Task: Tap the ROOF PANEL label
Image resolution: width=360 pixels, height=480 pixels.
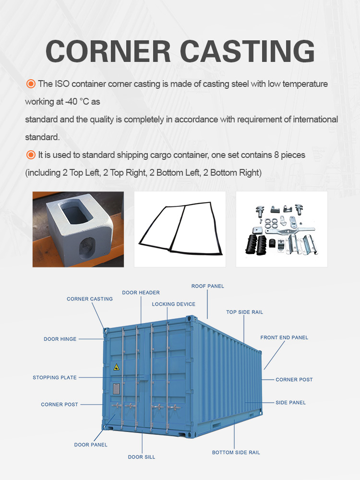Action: pos(207,286)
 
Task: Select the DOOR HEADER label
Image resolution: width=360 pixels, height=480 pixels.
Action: pos(141,293)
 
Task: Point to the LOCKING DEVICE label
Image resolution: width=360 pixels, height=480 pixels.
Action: pos(174,304)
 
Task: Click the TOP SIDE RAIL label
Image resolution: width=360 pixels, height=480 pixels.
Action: pos(244,312)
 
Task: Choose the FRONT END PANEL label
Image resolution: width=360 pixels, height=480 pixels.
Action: pos(284,338)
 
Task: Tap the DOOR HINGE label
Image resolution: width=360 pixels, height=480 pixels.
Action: pos(60,339)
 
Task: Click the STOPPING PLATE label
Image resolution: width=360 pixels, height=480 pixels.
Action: pos(55,378)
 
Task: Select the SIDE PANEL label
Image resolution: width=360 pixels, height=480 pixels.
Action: pos(290,403)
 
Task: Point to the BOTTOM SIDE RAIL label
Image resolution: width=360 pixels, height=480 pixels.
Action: pos(236,453)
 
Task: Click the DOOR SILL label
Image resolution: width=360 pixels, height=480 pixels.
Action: pos(142,457)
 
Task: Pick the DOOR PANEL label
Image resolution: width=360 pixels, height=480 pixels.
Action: pos(91,445)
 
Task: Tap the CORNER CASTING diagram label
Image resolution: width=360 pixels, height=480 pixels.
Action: pos(90,299)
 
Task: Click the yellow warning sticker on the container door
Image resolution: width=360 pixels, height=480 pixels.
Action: pos(116,367)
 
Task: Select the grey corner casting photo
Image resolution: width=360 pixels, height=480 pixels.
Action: pos(78,229)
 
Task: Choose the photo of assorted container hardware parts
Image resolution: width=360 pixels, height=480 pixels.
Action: pos(282,229)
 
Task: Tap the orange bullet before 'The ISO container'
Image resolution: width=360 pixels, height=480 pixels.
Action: pos(31,84)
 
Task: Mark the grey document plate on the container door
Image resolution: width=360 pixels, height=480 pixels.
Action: pos(116,389)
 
